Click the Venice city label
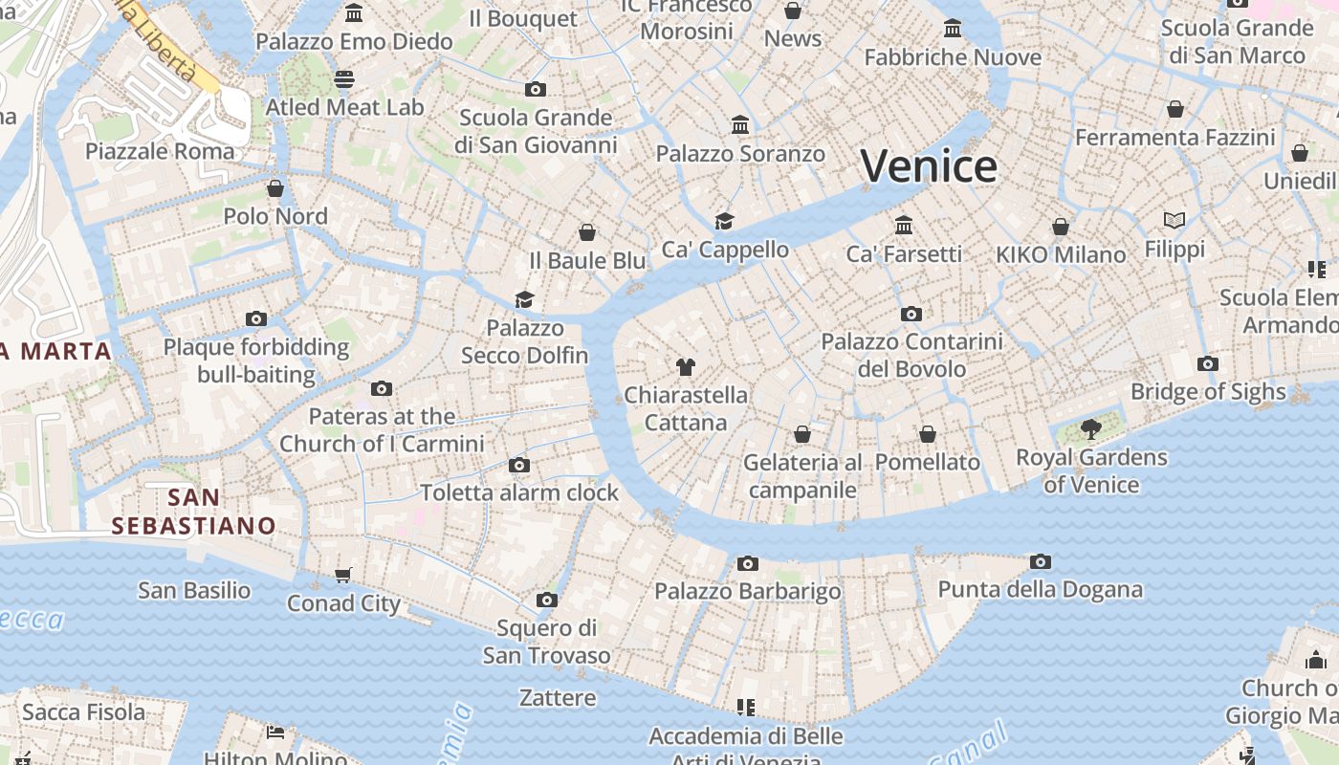[x=929, y=166]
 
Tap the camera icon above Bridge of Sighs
[x=1208, y=363]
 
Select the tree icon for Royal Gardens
[x=1090, y=428]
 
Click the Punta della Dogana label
[x=1040, y=589]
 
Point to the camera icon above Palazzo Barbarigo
[x=748, y=563]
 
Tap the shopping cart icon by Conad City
[x=343, y=575]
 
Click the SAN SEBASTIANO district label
[x=193, y=512]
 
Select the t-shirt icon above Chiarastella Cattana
[x=685, y=366]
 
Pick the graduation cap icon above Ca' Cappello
[x=725, y=222]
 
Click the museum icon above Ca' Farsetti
[x=904, y=226]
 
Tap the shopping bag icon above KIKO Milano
[x=1061, y=227]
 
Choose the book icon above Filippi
[x=1174, y=221]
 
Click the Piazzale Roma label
[x=160, y=151]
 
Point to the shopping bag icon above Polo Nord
[x=275, y=188]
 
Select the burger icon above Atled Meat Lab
[x=344, y=78]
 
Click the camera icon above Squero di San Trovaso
[x=546, y=600]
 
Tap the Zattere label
[x=558, y=697]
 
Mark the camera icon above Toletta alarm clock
[x=519, y=465]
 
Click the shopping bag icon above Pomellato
[x=927, y=434]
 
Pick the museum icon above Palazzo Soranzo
[x=739, y=125]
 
